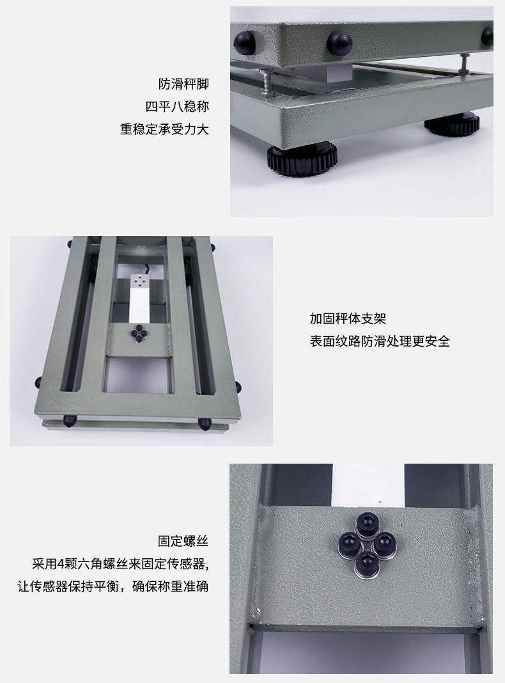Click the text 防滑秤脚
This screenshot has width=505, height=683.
coord(183,84)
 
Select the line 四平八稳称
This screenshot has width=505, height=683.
coord(177,106)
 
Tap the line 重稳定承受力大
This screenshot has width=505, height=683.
coord(164,129)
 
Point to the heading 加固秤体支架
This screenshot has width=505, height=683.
coord(348,318)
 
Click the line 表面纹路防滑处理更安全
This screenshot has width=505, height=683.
coord(380,341)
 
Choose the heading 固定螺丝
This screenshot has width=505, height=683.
coord(183,541)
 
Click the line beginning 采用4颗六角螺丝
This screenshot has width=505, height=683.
coord(121,563)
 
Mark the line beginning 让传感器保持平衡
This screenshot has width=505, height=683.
coord(113,586)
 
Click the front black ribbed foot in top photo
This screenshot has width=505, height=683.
coord(302,159)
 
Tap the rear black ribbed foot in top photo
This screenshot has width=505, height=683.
coord(451,123)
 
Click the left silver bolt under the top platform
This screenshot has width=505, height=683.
coord(266,82)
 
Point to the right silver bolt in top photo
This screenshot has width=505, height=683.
coord(465,62)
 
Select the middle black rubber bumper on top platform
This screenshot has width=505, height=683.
coord(339,42)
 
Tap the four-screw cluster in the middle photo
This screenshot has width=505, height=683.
coord(139,333)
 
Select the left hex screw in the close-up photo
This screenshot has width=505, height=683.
coord(349,543)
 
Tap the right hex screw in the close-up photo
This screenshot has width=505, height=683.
coord(384,544)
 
